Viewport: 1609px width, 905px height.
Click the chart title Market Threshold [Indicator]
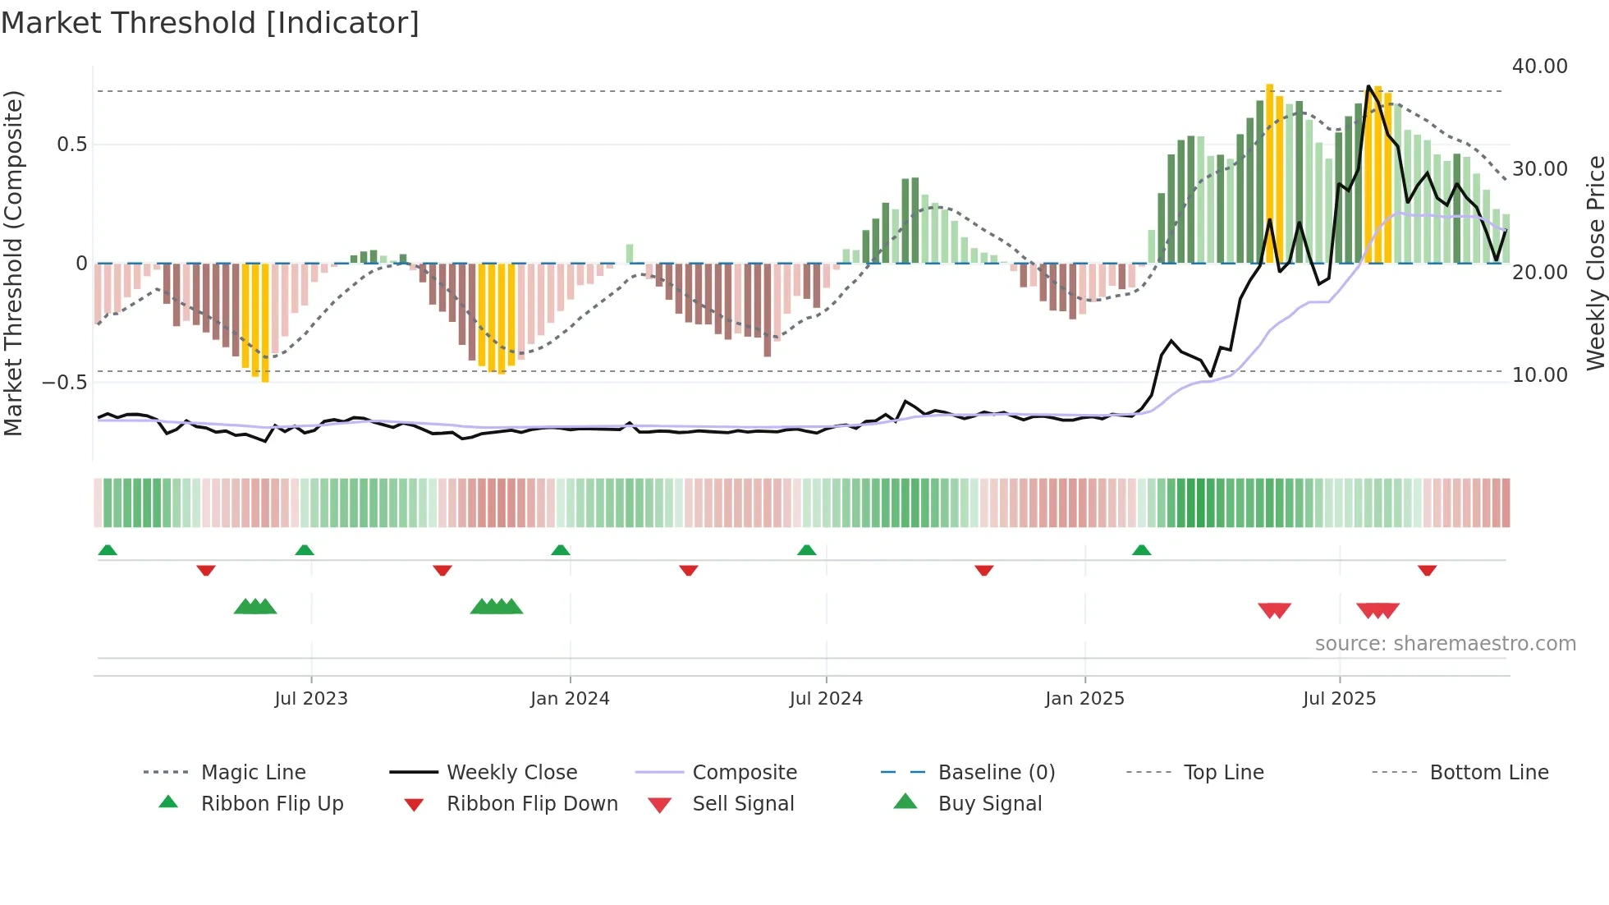point(210,23)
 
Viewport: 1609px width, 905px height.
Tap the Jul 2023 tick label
point(311,699)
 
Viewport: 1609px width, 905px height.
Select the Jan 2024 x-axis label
point(570,699)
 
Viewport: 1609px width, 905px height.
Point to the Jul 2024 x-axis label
point(826,699)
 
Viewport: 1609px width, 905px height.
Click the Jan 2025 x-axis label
point(1084,699)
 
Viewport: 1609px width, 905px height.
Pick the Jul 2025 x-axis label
point(1339,699)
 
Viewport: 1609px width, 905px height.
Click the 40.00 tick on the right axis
point(1539,67)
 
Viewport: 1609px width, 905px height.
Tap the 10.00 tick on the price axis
point(1539,375)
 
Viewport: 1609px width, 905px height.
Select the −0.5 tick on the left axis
point(65,383)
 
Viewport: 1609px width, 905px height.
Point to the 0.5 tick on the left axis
point(71,145)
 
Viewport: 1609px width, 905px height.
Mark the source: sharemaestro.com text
point(1445,644)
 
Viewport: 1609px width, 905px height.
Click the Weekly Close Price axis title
point(1595,263)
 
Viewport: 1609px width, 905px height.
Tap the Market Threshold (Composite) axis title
point(13,263)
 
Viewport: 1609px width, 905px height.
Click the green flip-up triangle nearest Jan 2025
point(1141,550)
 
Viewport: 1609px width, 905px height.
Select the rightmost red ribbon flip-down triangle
point(1427,570)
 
